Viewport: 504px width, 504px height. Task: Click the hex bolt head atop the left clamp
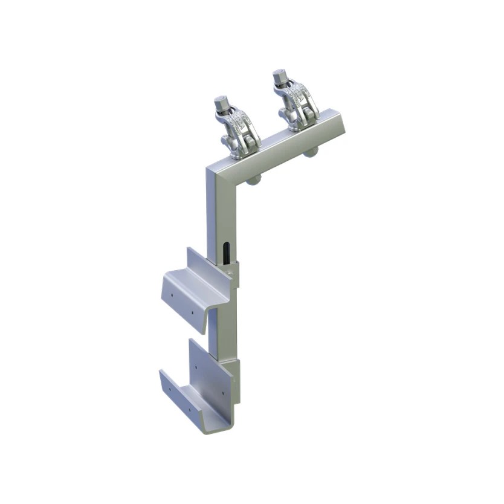coord(221,100)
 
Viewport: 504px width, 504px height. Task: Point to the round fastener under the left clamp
coord(254,179)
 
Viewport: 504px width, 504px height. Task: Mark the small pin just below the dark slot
coord(230,273)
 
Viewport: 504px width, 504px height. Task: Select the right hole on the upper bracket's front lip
coord(193,315)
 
